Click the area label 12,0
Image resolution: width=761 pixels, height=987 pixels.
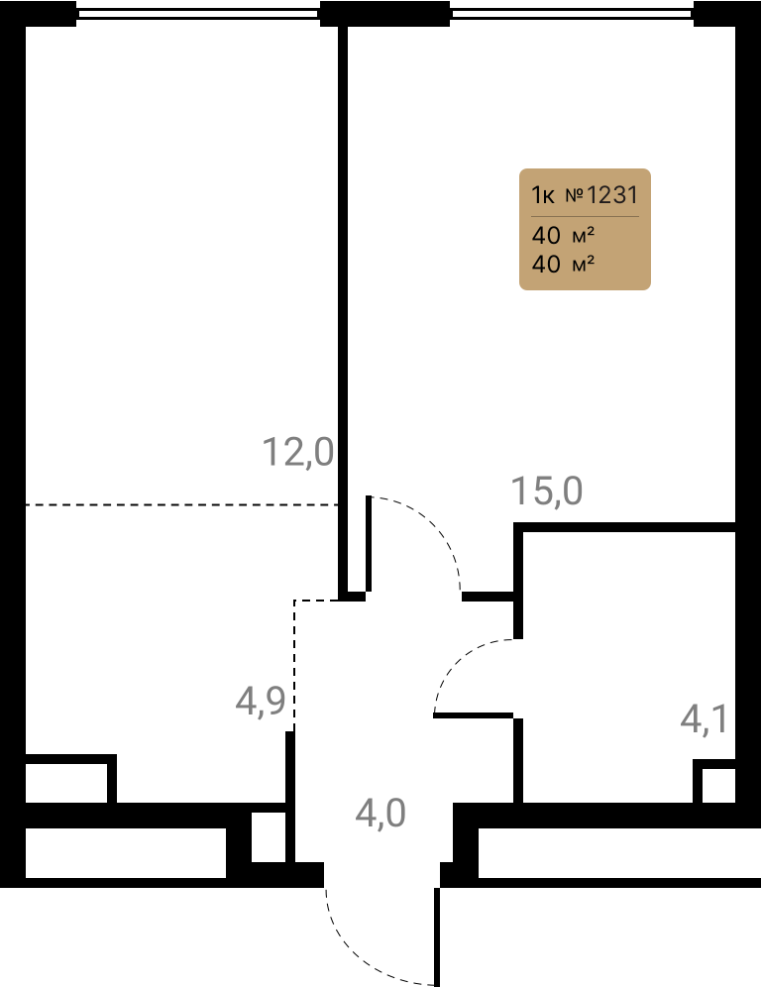[297, 453]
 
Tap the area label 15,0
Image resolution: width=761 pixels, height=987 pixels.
[547, 491]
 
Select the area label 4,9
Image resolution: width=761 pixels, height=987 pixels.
[261, 701]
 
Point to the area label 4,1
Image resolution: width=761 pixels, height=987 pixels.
[705, 718]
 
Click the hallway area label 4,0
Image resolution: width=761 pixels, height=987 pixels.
[380, 813]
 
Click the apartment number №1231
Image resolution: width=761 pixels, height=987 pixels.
[601, 195]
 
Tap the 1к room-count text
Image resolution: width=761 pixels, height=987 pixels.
[543, 195]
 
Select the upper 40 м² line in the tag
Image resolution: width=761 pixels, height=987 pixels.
[564, 236]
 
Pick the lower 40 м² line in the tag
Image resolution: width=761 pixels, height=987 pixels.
[564, 264]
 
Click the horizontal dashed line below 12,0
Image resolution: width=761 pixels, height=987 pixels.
[182, 504]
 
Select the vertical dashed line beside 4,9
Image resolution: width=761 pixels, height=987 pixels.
[294, 664]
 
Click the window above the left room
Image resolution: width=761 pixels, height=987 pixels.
[198, 13]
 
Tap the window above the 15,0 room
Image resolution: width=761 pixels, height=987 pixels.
[572, 13]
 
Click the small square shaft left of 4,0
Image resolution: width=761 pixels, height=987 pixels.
[269, 836]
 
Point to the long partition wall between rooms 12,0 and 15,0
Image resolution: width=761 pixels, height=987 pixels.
[343, 308]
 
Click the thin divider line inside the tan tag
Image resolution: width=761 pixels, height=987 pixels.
[585, 217]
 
